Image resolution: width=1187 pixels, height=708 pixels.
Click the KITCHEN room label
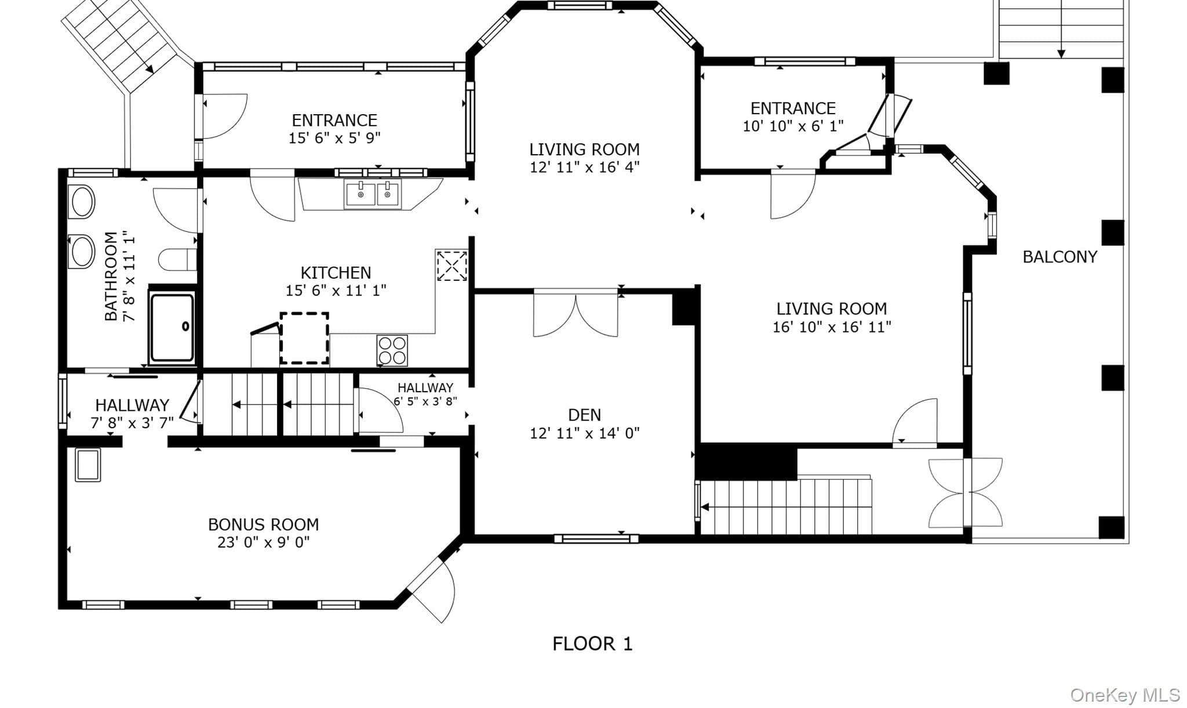pyautogui.click(x=336, y=272)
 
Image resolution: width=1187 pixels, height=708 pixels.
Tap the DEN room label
pyautogui.click(x=584, y=415)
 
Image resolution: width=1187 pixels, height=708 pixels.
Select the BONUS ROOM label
pyautogui.click(x=263, y=524)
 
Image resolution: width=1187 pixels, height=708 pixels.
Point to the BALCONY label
pyautogui.click(x=1059, y=257)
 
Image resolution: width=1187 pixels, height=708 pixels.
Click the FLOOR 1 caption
pyautogui.click(x=592, y=644)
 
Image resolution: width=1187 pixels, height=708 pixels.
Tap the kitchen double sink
pyautogui.click(x=373, y=194)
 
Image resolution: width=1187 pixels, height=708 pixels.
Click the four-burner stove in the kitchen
pyautogui.click(x=392, y=351)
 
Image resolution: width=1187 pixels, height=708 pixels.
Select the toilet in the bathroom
pyautogui.click(x=177, y=260)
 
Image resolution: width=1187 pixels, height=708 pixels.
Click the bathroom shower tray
pyautogui.click(x=172, y=328)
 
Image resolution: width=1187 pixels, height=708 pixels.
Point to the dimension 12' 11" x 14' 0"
pyautogui.click(x=584, y=433)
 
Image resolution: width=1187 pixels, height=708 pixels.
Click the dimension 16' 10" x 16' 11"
pyautogui.click(x=832, y=327)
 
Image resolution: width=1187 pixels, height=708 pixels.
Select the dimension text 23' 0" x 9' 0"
pyautogui.click(x=263, y=542)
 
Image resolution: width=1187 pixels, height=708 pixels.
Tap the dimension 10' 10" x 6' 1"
pyautogui.click(x=793, y=126)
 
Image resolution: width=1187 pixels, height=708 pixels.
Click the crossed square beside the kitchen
pyautogui.click(x=452, y=265)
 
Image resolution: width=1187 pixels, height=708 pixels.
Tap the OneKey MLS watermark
pyautogui.click(x=1125, y=695)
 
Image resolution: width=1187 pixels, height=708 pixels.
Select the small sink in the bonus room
pyautogui.click(x=88, y=465)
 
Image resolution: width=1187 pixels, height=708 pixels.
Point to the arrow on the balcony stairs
pyautogui.click(x=1061, y=29)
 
